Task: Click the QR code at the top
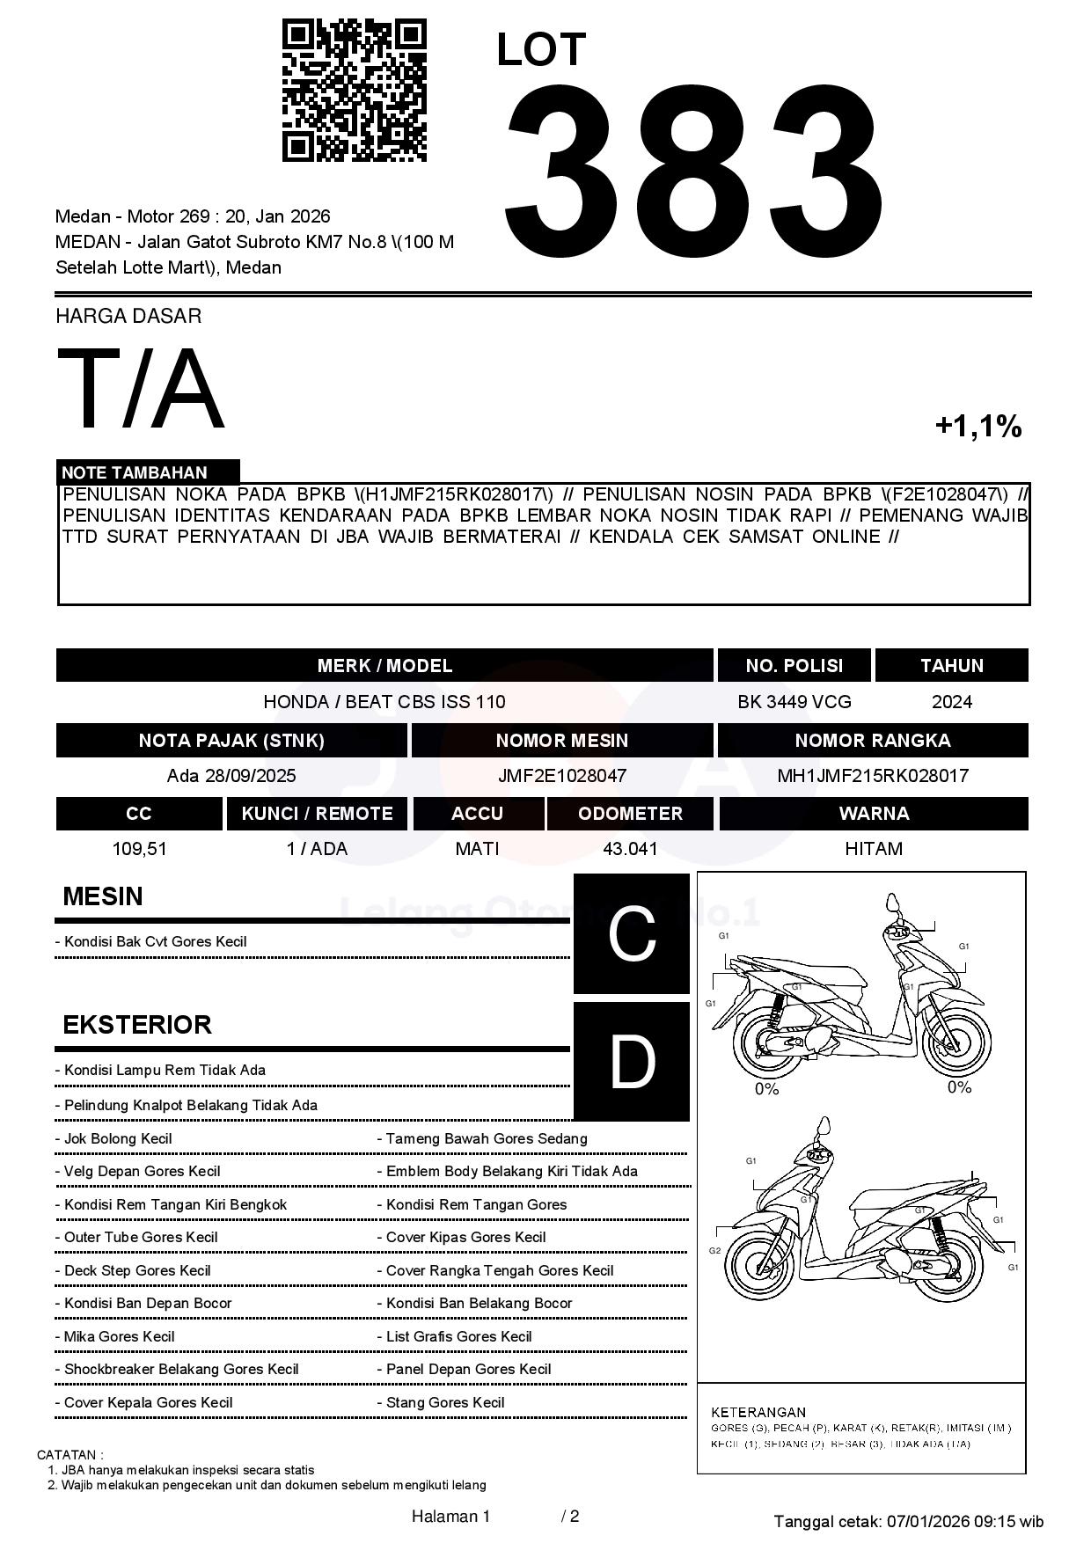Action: coord(354,91)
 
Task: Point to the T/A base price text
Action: coord(141,390)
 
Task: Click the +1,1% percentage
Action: coord(978,427)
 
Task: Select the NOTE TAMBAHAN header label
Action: coord(135,472)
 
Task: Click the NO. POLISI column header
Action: coord(794,666)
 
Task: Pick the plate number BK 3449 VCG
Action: coord(794,702)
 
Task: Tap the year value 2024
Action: coord(951,702)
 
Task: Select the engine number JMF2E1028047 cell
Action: coord(561,776)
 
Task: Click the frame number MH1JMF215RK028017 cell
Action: coord(872,776)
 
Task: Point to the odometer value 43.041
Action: coord(630,849)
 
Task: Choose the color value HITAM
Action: coord(873,849)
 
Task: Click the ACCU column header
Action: coord(477,814)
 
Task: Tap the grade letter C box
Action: coord(632,934)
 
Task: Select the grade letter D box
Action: coord(632,1062)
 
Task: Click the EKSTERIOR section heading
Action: coord(137,1025)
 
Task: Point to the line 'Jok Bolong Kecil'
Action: coord(118,1138)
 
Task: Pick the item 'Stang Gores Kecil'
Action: coord(445,1402)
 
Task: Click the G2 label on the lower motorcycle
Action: coord(714,1250)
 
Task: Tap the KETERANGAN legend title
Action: coord(758,1412)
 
